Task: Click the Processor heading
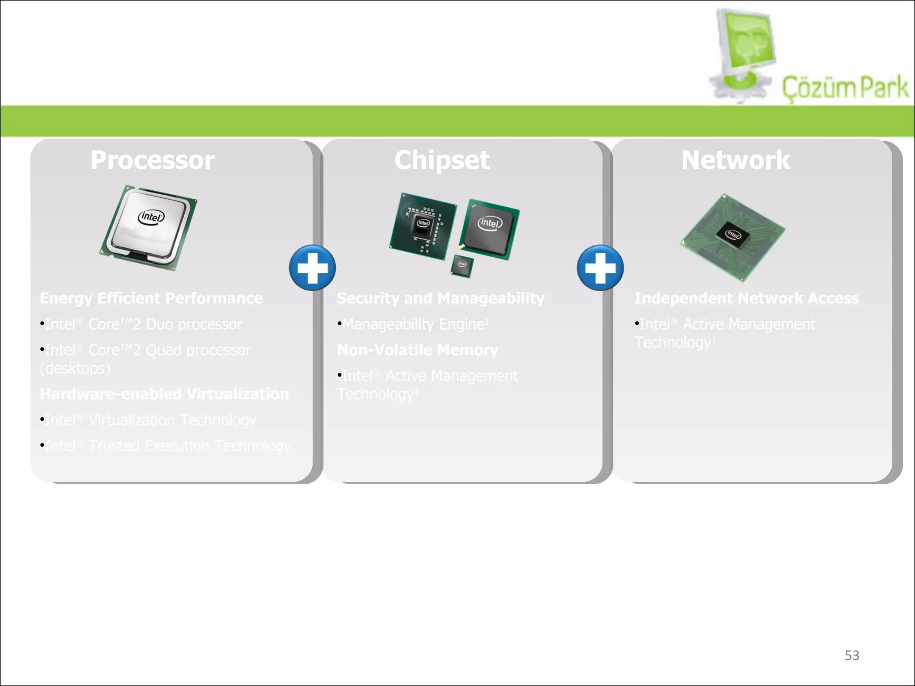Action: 152,160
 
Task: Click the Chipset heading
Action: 442,160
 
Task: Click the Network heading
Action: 735,160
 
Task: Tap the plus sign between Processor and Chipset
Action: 312,268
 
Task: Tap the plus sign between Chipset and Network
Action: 600,268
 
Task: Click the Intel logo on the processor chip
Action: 151,217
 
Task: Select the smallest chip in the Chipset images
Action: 462,265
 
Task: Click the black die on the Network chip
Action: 733,234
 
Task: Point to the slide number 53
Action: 852,655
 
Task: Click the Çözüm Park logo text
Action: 844,88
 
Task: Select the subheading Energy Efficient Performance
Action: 151,298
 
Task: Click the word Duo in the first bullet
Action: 159,324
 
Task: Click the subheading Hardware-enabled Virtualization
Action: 164,394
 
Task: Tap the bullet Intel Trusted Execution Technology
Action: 168,446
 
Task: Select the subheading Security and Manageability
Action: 441,298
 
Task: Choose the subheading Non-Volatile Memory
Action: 417,350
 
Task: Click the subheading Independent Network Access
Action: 746,298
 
